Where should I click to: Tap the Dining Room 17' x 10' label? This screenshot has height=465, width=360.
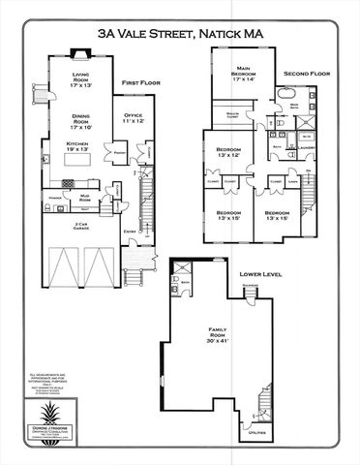pyautogui.click(x=81, y=122)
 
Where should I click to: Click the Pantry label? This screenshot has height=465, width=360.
pyautogui.click(x=120, y=153)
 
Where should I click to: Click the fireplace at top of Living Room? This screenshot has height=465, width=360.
pyautogui.click(x=82, y=55)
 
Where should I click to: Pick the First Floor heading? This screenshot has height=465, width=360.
pyautogui.click(x=140, y=84)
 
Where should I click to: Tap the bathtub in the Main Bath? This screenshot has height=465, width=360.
pyautogui.click(x=289, y=96)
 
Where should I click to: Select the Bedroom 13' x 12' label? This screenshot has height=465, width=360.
pyautogui.click(x=222, y=152)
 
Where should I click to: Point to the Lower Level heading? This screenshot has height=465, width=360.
pyautogui.click(x=260, y=275)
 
